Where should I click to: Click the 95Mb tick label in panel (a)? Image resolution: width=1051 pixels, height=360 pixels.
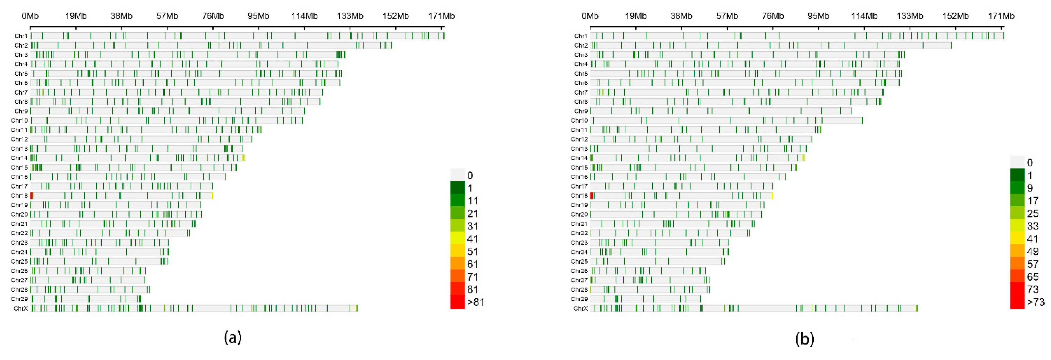[258, 16]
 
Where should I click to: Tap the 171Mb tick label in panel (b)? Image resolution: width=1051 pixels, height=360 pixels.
[1001, 16]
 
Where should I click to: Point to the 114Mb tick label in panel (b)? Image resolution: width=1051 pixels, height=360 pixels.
[864, 16]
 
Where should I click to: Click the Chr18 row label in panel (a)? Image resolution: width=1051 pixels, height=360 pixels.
[19, 196]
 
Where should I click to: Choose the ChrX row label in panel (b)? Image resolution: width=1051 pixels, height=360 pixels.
[580, 309]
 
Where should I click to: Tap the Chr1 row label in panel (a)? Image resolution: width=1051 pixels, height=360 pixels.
[21, 36]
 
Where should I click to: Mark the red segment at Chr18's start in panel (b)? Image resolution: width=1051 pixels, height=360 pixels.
[592, 196]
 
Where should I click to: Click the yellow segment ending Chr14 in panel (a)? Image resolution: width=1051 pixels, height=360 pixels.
[243, 158]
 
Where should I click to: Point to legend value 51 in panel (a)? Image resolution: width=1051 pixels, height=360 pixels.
[472, 251]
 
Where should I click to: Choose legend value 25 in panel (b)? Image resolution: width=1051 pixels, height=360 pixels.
[1033, 214]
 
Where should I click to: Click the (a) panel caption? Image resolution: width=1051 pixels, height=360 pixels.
[232, 338]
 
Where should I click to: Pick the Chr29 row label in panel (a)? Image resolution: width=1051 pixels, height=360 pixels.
[19, 299]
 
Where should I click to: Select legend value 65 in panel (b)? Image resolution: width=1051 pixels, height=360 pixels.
[1033, 277]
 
